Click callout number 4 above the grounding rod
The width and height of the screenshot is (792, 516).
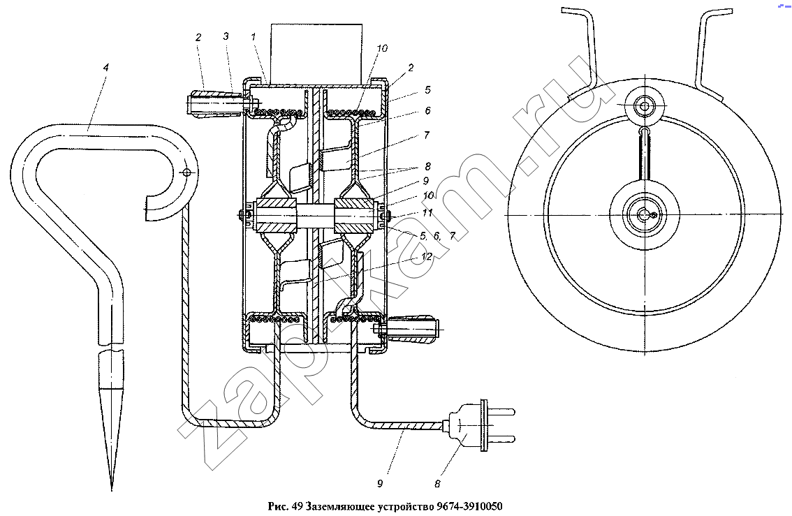(x=105, y=67)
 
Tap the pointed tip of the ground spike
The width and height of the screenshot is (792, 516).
(x=112, y=489)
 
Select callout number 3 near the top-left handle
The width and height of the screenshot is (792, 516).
(x=226, y=36)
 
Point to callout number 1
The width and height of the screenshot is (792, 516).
(x=253, y=36)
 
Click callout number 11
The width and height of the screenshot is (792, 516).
(x=427, y=212)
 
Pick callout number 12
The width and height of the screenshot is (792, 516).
(x=427, y=256)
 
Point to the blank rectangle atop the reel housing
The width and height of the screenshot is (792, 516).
(x=316, y=54)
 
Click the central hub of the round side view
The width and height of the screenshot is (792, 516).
(x=645, y=214)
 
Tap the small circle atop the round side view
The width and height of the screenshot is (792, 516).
(x=644, y=107)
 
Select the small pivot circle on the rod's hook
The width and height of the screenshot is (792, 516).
(x=186, y=172)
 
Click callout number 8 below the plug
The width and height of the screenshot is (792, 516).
(x=437, y=484)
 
